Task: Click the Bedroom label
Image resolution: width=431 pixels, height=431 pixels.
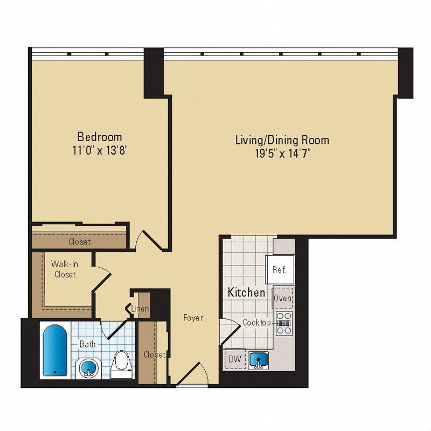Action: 100,136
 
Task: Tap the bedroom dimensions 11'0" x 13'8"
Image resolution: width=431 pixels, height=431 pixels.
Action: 100,150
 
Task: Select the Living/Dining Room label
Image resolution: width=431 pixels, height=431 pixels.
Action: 282,140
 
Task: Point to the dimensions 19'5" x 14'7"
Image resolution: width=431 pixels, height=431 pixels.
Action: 282,154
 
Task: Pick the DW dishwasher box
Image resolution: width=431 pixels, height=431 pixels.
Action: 235,359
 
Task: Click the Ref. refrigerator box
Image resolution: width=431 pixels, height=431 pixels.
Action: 280,270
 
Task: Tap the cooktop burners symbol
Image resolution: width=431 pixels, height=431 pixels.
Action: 283,323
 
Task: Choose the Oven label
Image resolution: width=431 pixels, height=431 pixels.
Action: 283,298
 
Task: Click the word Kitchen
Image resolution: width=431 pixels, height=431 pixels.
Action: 246,293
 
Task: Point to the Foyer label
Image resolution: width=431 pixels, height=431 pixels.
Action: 193,318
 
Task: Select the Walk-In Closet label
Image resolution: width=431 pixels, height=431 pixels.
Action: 64,269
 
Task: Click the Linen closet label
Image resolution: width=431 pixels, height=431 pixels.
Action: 141,309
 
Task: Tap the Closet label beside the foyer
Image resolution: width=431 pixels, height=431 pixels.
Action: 154,354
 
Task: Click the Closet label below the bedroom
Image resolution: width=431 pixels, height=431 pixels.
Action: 79,242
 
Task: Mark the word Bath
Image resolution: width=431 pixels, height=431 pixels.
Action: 88,344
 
